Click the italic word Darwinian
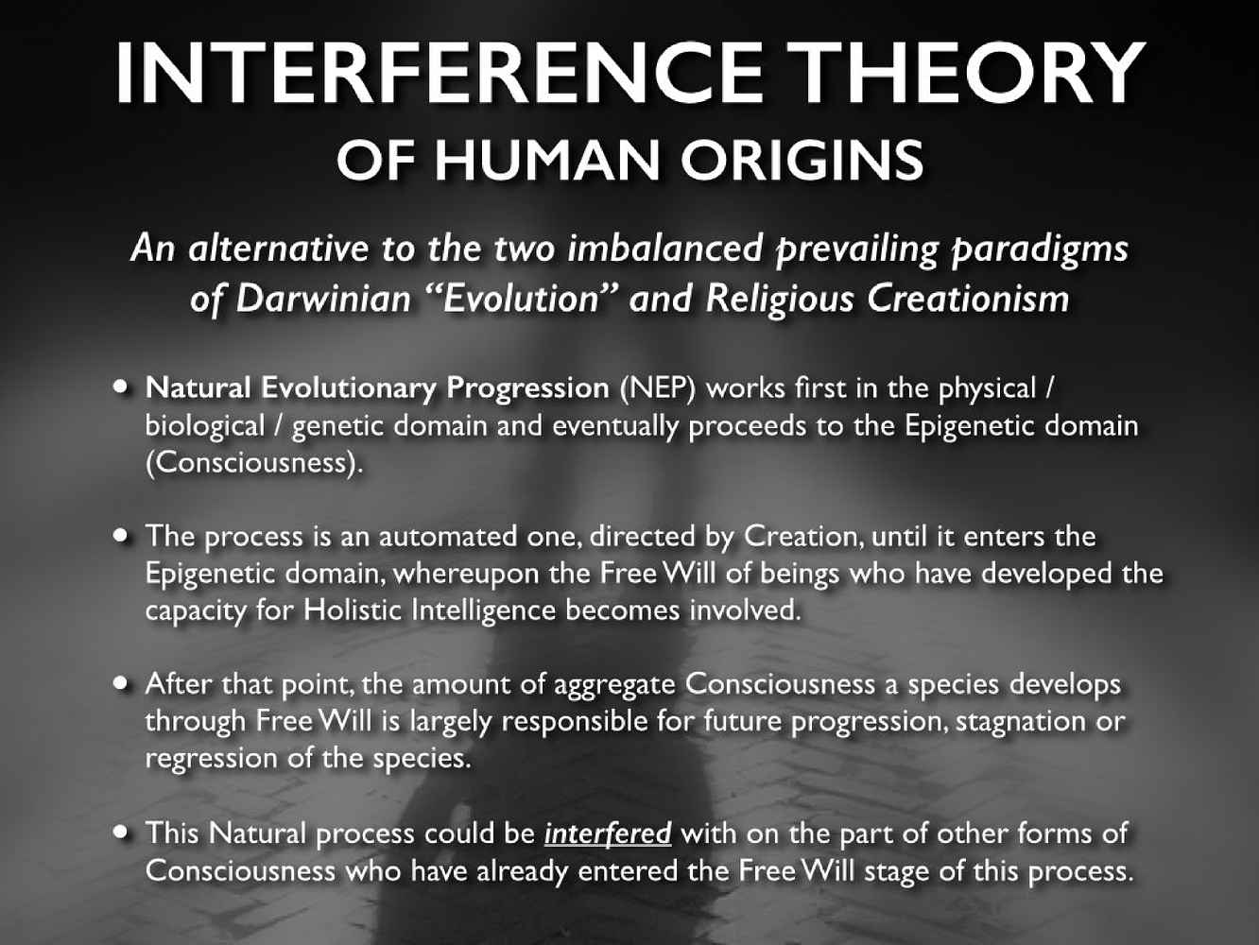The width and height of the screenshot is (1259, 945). click(323, 299)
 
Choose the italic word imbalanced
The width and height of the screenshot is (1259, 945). click(664, 249)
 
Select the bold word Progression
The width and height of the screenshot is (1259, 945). click(527, 388)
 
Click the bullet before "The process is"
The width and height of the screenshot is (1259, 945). click(121, 536)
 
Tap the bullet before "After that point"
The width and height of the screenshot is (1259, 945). click(121, 683)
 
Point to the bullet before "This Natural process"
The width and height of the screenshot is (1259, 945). click(121, 832)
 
